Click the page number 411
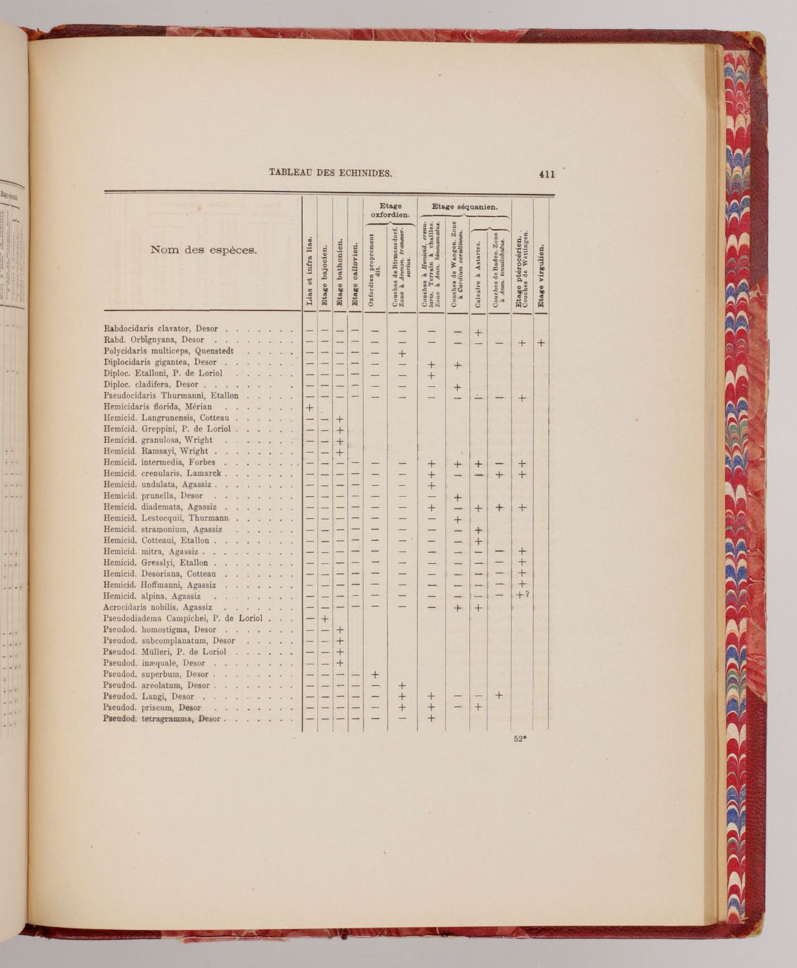click(x=547, y=174)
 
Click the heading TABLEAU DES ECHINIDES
click(x=331, y=172)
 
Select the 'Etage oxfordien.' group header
click(x=390, y=210)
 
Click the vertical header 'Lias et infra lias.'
click(x=309, y=272)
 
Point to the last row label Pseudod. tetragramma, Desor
click(x=162, y=718)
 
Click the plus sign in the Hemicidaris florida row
click(x=309, y=408)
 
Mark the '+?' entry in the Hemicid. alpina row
click(x=522, y=595)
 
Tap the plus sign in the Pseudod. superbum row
click(x=374, y=674)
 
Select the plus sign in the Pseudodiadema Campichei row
click(x=324, y=618)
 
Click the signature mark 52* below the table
click(x=520, y=738)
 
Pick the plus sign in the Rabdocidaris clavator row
click(x=477, y=333)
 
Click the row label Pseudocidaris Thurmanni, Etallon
click(x=171, y=396)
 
